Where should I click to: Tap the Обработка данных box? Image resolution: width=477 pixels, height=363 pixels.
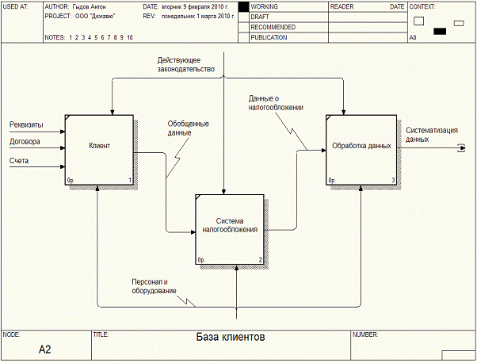361,147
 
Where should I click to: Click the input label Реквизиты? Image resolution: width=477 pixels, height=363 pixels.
26,124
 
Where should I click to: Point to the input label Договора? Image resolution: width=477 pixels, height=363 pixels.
25,143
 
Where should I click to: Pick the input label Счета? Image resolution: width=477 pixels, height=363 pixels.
20,162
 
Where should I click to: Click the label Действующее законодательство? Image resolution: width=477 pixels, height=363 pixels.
185,64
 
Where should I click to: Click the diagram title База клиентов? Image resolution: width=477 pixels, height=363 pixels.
231,337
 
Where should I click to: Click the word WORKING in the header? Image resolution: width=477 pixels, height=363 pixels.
264,6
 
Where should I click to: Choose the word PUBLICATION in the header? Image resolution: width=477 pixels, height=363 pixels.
269,37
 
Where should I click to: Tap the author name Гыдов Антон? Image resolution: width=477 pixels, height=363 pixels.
89,6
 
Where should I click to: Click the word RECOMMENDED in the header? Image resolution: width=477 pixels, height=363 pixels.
273,27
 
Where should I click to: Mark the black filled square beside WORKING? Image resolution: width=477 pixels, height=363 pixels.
243,6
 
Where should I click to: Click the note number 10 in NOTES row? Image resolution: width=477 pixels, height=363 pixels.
129,37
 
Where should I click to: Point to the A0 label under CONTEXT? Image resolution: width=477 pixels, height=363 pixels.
413,37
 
